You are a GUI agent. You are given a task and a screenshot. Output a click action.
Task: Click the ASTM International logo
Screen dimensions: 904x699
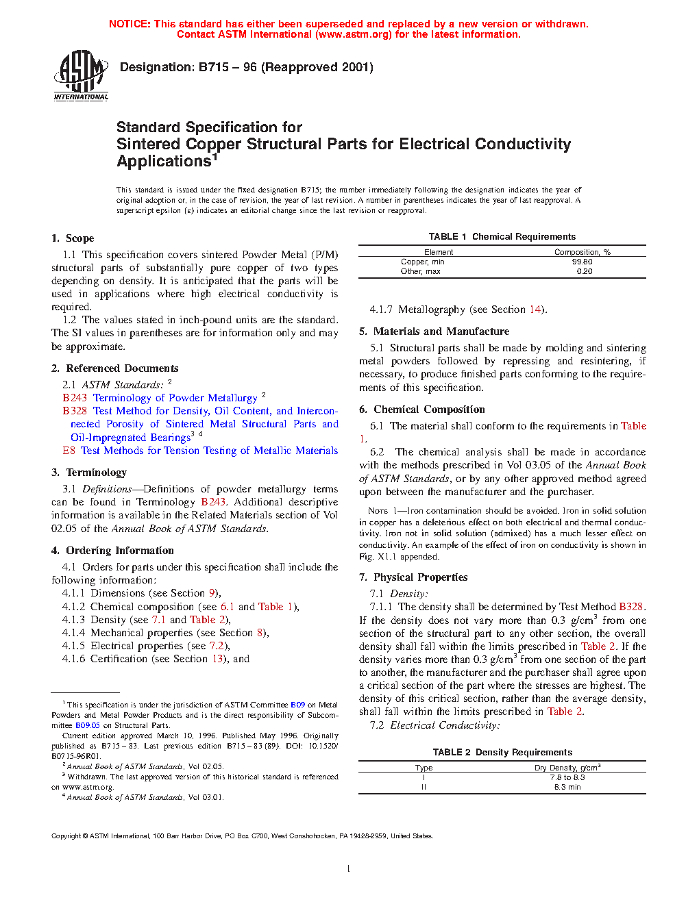point(81,76)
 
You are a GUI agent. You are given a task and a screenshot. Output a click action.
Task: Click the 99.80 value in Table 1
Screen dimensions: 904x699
point(582,262)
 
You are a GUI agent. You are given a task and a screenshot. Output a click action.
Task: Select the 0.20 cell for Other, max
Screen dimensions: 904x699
point(584,271)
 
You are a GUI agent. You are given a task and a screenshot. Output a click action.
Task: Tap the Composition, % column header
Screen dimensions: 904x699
point(582,252)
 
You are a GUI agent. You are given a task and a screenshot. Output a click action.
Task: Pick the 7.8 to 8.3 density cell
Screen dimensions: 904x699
point(567,777)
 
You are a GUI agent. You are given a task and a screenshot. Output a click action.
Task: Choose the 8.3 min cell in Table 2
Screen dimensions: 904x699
point(567,787)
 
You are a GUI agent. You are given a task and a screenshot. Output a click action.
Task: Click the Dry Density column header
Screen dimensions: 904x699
point(567,768)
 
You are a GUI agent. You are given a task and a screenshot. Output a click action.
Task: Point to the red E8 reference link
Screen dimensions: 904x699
point(69,451)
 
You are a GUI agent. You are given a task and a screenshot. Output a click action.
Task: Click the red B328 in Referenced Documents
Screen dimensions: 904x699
point(75,411)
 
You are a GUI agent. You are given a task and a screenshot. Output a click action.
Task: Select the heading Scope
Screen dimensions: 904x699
point(79,238)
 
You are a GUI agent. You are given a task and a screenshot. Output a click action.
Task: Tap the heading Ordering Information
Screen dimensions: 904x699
point(119,551)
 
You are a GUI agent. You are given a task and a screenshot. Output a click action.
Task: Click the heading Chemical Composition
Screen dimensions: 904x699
point(429,410)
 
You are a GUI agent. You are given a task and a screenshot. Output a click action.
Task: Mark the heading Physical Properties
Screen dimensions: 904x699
point(420,577)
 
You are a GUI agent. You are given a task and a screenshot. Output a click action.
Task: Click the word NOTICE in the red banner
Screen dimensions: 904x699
point(130,24)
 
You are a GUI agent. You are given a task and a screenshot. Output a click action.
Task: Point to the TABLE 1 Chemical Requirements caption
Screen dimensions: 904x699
point(502,236)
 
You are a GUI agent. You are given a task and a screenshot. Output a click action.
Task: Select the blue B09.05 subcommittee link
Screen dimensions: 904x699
point(88,725)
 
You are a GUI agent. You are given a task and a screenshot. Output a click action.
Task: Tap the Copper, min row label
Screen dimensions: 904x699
point(422,262)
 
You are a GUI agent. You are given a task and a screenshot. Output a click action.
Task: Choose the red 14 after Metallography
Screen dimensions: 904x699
point(535,310)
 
